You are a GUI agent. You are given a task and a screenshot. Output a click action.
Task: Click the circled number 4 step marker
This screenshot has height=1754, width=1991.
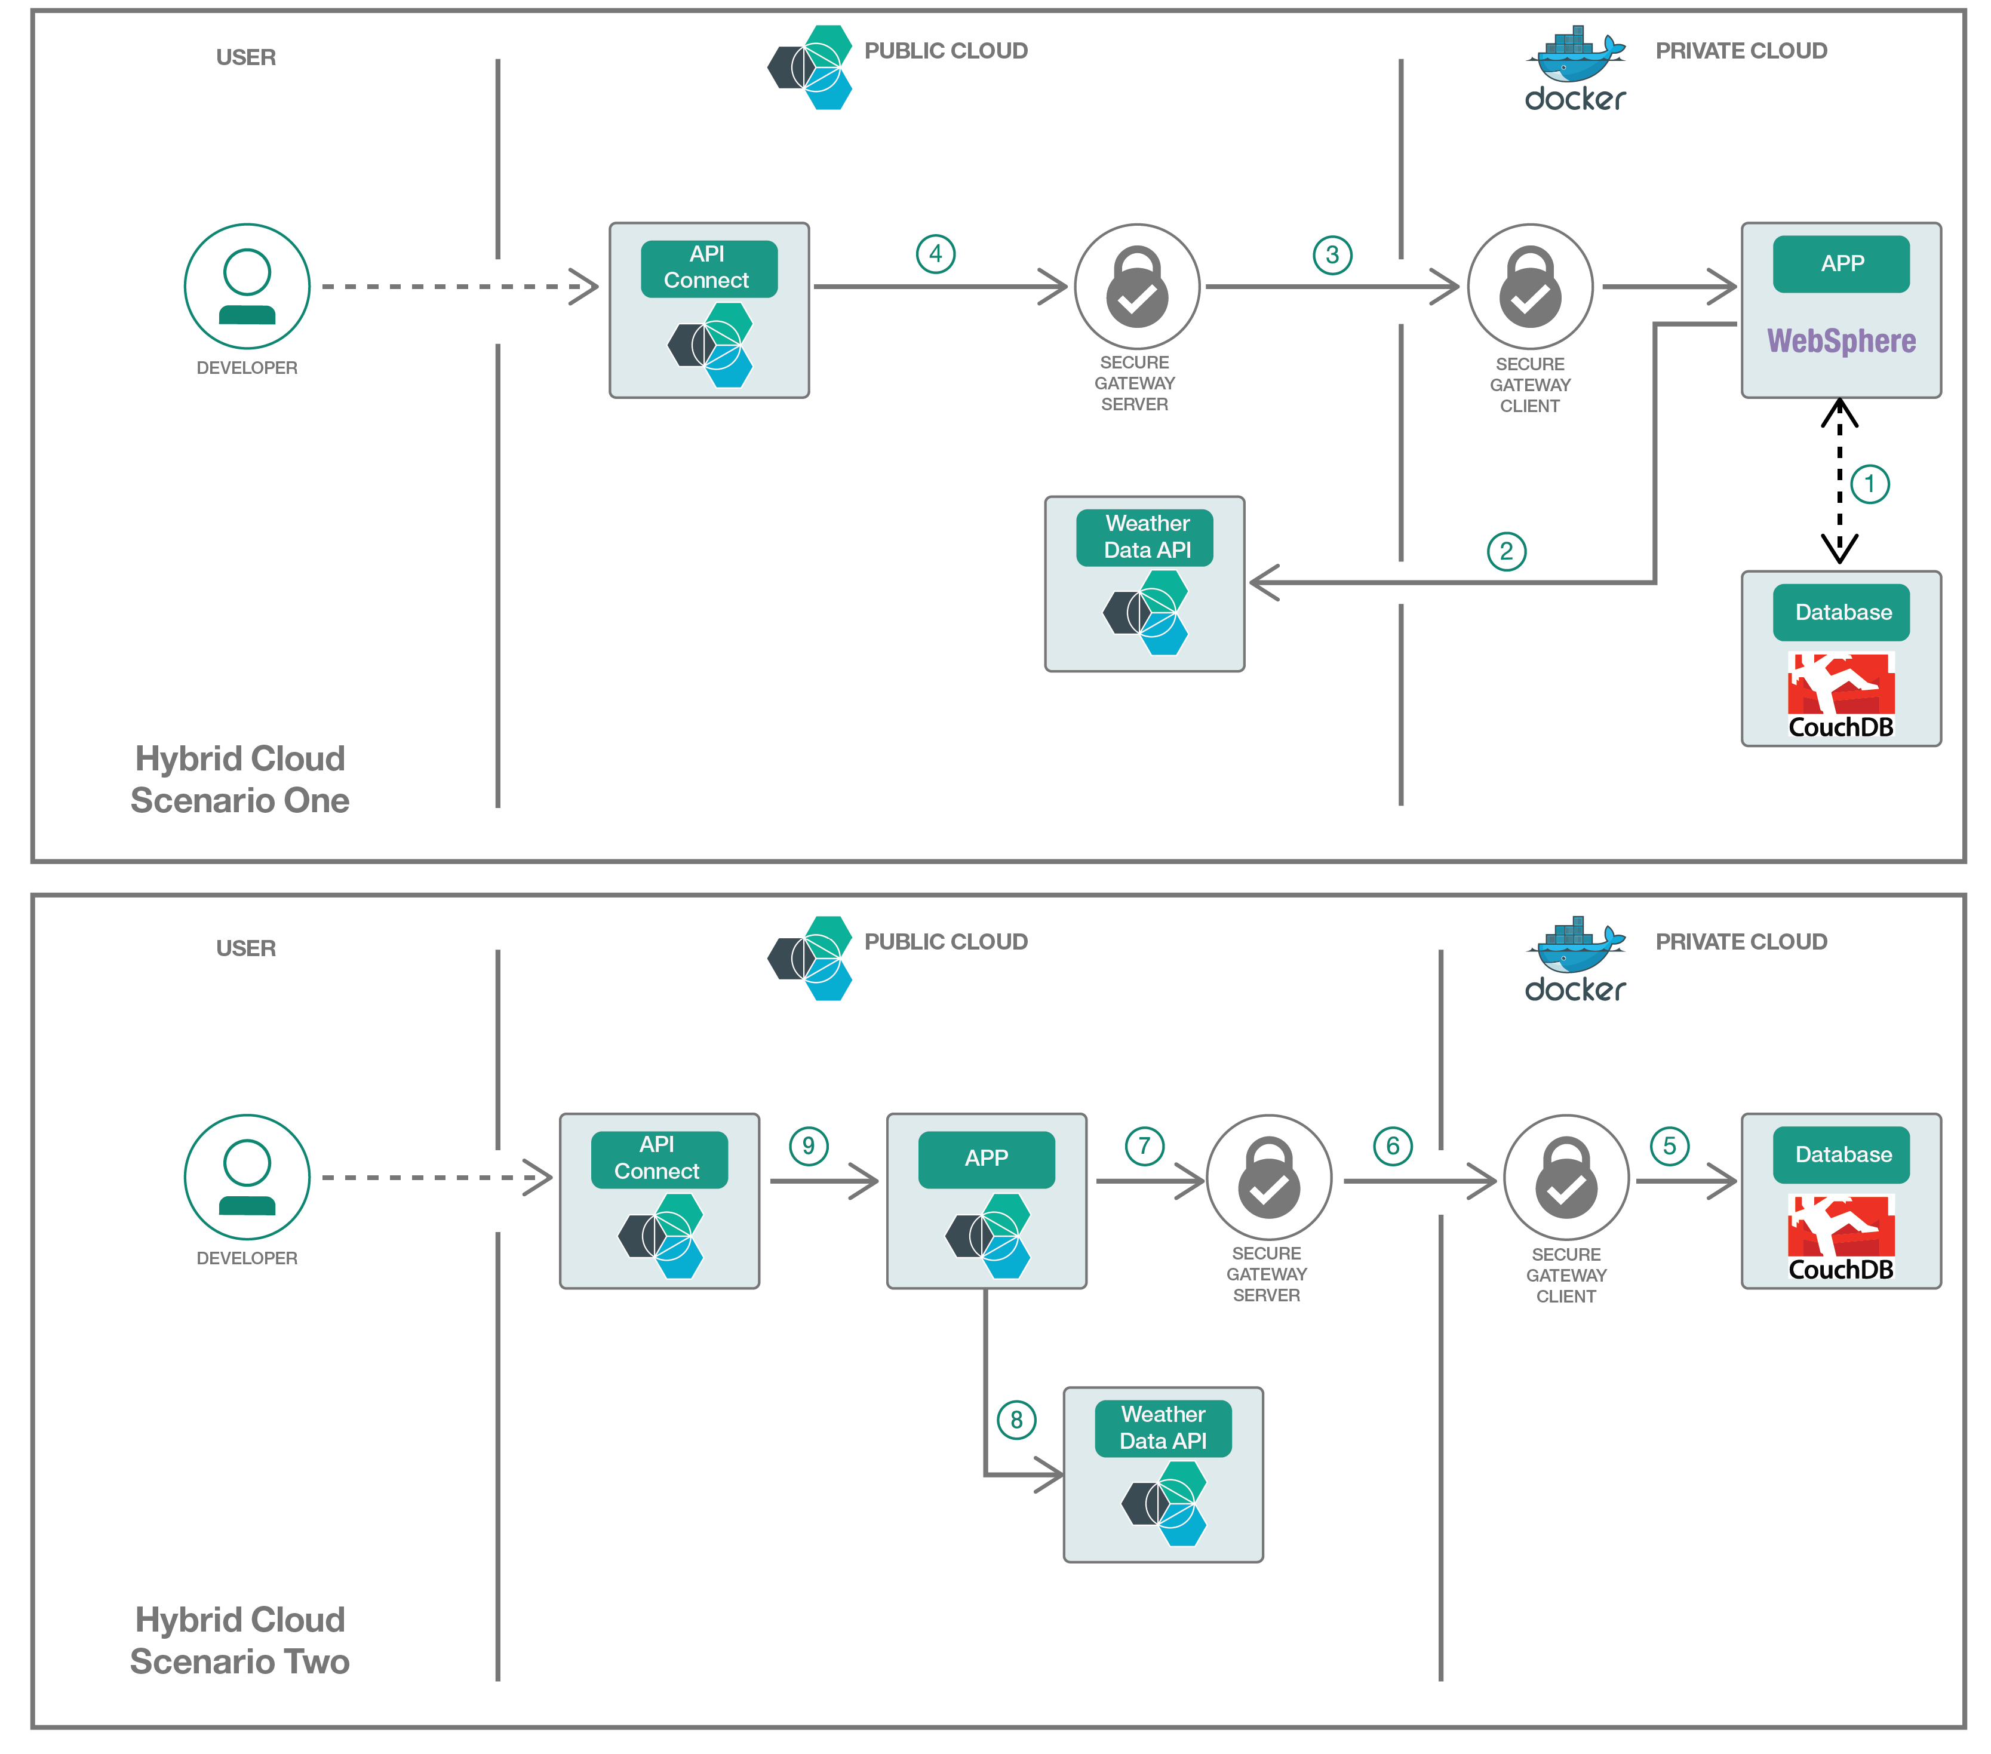pyautogui.click(x=935, y=254)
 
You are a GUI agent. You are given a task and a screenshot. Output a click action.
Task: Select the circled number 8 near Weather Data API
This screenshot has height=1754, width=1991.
pyautogui.click(x=1016, y=1420)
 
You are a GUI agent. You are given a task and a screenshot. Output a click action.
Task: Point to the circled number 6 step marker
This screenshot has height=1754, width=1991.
pyautogui.click(x=1392, y=1146)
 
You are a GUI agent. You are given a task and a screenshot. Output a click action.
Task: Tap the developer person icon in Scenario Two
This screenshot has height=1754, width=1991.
pyautogui.click(x=247, y=1178)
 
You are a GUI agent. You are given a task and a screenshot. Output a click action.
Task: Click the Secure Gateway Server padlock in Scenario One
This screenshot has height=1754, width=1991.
pyautogui.click(x=1137, y=287)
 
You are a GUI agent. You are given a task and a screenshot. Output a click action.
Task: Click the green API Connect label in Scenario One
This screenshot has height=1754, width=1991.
pyautogui.click(x=708, y=268)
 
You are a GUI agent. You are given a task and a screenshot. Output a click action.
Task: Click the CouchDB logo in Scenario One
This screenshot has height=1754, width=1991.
pyautogui.click(x=1840, y=695)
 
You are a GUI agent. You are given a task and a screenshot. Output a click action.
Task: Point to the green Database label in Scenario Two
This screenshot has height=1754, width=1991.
pyautogui.click(x=1842, y=1155)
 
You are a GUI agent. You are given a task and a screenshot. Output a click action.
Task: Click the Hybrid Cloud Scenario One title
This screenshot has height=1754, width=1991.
pyautogui.click(x=239, y=779)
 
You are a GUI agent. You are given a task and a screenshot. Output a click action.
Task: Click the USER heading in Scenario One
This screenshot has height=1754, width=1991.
pyautogui.click(x=245, y=57)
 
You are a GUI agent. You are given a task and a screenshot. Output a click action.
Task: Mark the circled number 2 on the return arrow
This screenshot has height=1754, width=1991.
pyautogui.click(x=1506, y=552)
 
